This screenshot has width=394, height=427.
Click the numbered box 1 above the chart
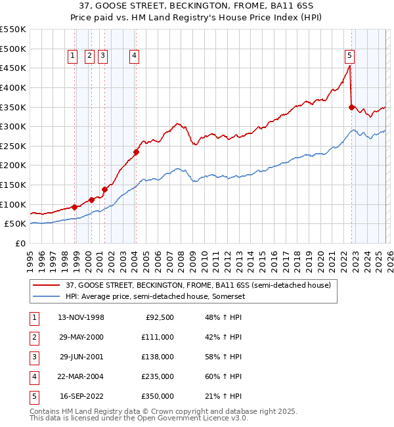72,56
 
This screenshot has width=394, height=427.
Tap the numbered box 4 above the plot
134,56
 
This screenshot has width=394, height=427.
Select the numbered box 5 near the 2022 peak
349,56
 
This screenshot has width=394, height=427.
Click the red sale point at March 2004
137,152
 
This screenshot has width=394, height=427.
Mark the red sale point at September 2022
352,107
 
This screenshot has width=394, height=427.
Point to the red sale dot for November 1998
75,207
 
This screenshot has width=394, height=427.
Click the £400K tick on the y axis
13,87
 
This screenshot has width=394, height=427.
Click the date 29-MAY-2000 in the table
81,336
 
